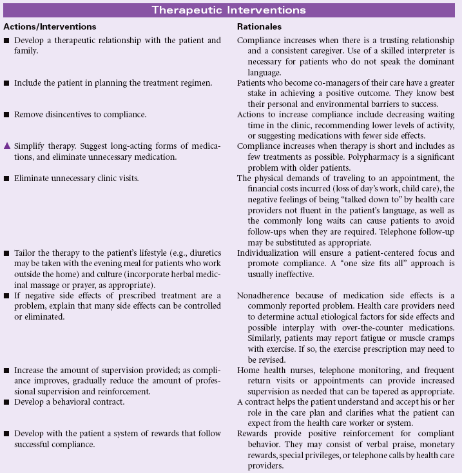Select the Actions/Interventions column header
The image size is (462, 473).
(50, 27)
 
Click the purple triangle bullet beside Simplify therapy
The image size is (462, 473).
(6, 146)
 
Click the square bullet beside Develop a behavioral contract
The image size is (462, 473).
(6, 401)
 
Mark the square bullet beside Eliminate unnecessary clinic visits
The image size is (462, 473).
(6, 177)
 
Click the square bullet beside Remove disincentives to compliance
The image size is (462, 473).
(6, 113)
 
